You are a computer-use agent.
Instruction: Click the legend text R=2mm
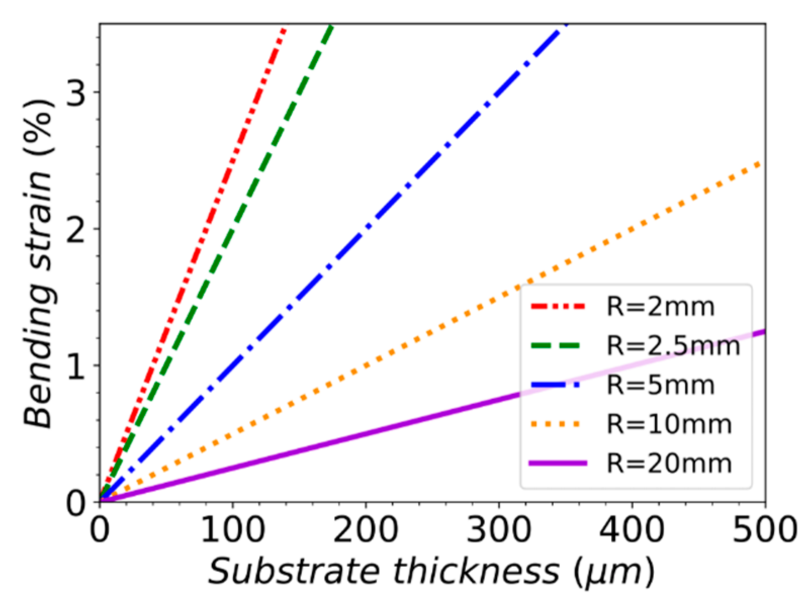(x=660, y=307)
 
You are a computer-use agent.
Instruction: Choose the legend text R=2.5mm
(x=673, y=346)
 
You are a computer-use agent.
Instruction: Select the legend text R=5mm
(x=660, y=385)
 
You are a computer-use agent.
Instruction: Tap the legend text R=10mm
(x=669, y=424)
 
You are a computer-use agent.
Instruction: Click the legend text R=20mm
(x=669, y=464)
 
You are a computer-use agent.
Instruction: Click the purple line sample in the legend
(x=557, y=463)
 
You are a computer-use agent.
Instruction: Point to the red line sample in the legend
(x=557, y=306)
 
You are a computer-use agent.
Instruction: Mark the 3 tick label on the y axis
(x=76, y=93)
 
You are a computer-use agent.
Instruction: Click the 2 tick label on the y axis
(x=76, y=229)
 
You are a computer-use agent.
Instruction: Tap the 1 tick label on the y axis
(x=76, y=366)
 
